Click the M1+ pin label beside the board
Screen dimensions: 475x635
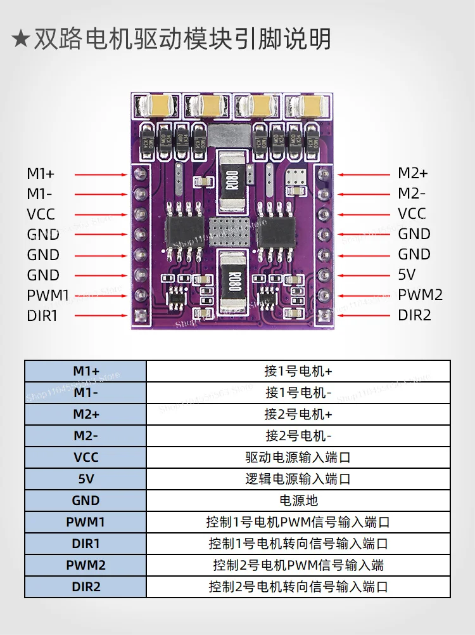41,174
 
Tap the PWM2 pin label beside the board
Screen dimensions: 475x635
420,295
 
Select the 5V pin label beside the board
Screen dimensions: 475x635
407,275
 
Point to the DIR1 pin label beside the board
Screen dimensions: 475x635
42,316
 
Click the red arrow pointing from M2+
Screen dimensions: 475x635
364,174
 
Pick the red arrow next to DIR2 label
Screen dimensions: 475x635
364,315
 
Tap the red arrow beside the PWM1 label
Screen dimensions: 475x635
101,296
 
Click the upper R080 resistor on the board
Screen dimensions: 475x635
232,181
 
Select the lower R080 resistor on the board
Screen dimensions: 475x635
232,282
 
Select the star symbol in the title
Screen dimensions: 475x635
20,39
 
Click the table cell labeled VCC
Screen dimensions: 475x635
85,457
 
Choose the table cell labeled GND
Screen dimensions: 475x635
85,501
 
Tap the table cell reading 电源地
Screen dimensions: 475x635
298,501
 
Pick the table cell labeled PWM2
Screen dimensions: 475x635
85,565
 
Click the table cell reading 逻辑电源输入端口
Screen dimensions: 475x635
298,479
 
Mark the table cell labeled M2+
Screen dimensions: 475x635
85,414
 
